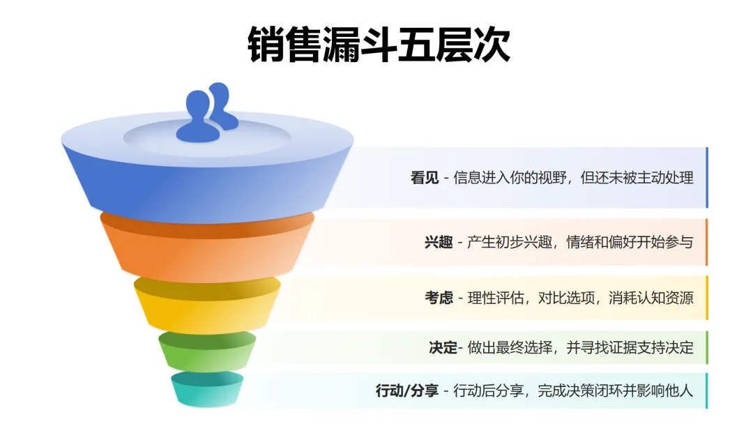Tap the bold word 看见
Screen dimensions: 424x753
coord(425,178)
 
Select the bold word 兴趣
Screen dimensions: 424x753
coord(439,243)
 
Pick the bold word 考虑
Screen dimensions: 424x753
coord(439,298)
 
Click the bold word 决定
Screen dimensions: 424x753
coord(443,347)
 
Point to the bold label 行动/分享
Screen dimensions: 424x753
coord(407,391)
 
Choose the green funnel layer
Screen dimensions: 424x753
coord(207,352)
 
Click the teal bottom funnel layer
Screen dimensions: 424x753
coord(207,391)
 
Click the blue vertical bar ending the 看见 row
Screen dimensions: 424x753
coord(706,178)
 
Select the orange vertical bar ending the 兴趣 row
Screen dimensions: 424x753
coord(706,242)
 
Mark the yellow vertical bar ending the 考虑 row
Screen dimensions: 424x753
coord(706,298)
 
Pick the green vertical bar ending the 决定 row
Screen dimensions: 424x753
coord(706,347)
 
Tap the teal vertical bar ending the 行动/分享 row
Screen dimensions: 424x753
coord(706,391)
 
